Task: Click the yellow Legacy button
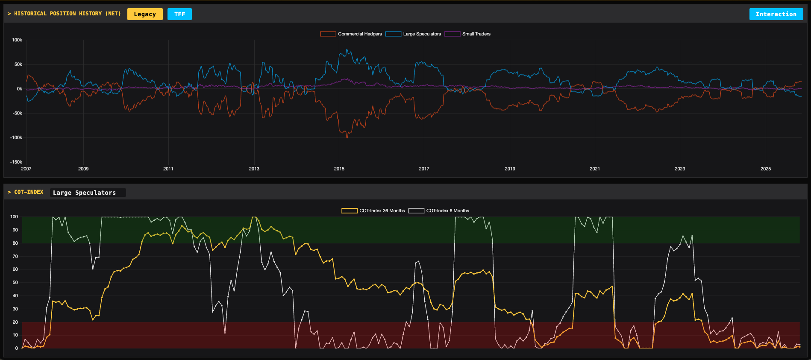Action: (x=145, y=14)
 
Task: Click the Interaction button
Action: (x=776, y=14)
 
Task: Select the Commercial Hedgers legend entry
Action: (x=351, y=34)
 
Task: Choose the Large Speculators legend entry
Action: (x=413, y=34)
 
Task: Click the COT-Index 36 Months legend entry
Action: (x=373, y=211)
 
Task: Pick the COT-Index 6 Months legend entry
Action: (x=439, y=211)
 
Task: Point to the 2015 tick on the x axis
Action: (x=339, y=169)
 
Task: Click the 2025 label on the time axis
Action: (x=765, y=169)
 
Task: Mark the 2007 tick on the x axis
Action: (x=26, y=169)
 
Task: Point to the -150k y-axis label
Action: (x=16, y=162)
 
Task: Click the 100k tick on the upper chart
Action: (x=17, y=40)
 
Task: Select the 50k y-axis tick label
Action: (x=18, y=64)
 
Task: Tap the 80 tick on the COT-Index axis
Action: (x=15, y=243)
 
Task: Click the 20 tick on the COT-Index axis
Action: (x=15, y=322)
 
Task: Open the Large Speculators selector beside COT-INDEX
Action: (x=88, y=193)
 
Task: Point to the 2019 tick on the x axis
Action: (x=510, y=169)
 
